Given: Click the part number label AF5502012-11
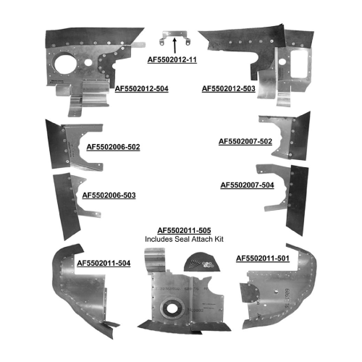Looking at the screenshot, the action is click(172, 59).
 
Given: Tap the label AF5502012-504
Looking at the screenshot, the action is click(141, 88).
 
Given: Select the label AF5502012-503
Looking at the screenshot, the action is click(229, 88).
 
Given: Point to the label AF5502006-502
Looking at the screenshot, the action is click(113, 147).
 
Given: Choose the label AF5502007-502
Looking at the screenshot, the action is click(245, 141).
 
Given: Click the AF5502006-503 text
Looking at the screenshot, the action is click(109, 195).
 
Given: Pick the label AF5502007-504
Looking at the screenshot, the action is click(247, 185).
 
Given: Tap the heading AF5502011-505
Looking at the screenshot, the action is click(184, 230).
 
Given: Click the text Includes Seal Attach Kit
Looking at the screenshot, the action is click(184, 239).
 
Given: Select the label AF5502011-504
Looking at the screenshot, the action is click(104, 263).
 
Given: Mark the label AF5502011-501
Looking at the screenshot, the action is click(263, 258).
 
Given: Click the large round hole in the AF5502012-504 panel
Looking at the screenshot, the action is click(65, 64).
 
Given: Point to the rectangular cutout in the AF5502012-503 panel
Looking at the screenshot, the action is click(299, 64).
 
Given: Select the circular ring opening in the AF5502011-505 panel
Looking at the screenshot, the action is click(172, 308).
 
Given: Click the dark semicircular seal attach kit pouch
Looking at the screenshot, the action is click(202, 262).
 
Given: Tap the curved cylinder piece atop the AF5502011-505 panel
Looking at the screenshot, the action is click(155, 260).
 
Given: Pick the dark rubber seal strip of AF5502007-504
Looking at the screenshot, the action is click(297, 201).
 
